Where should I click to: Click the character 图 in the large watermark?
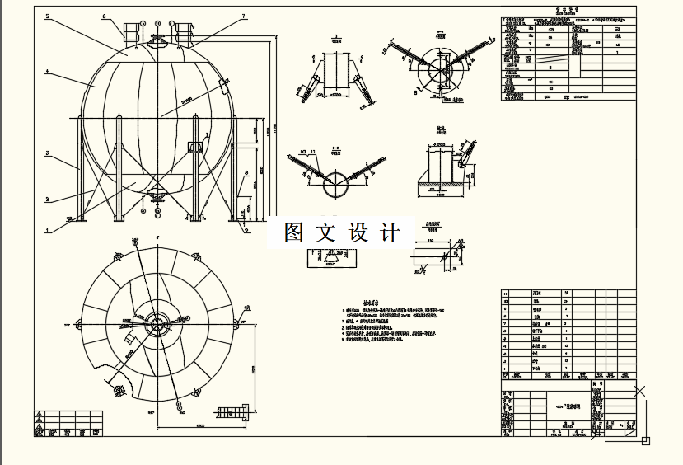(x=294, y=233)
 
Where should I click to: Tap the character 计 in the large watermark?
(x=389, y=233)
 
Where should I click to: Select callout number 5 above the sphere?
(x=47, y=16)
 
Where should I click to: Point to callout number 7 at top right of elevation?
(x=244, y=16)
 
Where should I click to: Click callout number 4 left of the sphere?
(x=47, y=73)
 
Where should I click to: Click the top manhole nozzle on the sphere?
(x=157, y=36)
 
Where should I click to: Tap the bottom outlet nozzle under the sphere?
(x=157, y=195)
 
